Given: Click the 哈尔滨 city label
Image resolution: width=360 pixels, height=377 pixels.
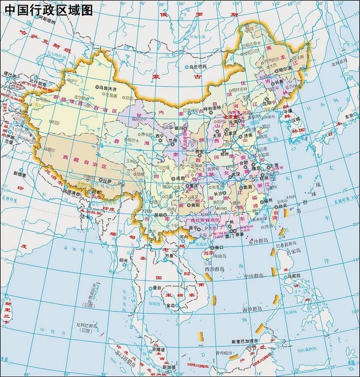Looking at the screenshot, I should [284, 71].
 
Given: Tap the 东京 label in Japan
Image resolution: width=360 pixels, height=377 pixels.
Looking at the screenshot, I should [348, 116].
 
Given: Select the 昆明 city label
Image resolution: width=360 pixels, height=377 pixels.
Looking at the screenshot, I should [159, 215].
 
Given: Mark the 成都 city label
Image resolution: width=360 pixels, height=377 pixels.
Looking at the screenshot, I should [179, 177].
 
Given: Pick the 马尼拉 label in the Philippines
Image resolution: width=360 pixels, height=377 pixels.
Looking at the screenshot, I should [294, 276].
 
